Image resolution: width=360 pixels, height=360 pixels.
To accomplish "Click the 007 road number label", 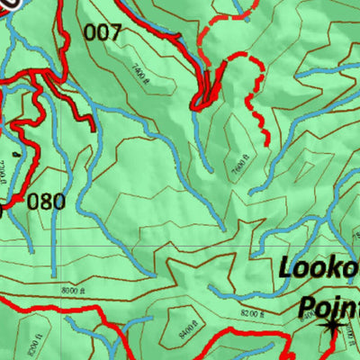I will point(102,33).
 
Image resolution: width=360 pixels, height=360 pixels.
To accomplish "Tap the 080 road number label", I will point(46,201).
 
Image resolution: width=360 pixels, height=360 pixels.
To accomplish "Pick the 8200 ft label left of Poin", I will point(254,313).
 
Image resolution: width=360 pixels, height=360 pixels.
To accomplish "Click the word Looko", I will point(318,267).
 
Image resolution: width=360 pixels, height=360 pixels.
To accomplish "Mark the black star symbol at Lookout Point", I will point(334,326).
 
